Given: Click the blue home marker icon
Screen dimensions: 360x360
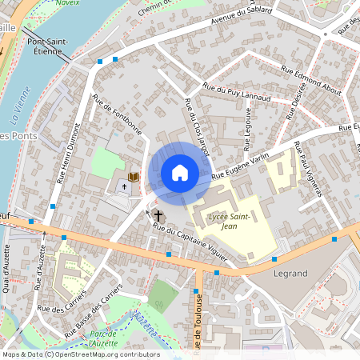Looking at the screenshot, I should click(180, 172).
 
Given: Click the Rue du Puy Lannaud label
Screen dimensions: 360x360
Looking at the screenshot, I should click(238, 92).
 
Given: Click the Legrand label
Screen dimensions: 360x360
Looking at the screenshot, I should click(290, 274).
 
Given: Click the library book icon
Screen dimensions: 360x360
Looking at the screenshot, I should click(134, 176).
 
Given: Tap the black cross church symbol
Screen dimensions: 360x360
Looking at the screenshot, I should click(158, 214).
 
